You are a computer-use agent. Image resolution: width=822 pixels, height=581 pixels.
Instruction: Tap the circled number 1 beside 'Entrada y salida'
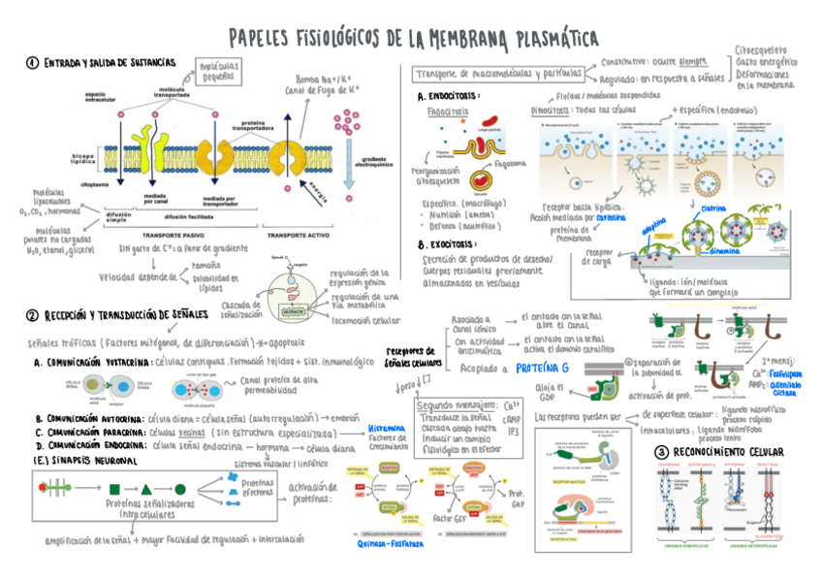click(33, 63)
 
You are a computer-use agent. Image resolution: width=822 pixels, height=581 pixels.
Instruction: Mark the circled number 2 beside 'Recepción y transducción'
click(33, 315)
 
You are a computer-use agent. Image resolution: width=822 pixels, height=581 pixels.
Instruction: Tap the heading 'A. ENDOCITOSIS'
click(449, 97)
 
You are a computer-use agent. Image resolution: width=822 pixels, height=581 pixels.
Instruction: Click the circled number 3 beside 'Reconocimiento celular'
click(662, 452)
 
